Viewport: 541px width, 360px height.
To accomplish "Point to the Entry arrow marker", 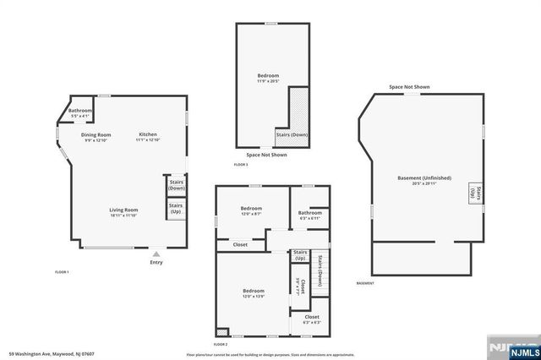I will point(156,254).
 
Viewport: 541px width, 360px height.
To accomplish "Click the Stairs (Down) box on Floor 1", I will point(176,185).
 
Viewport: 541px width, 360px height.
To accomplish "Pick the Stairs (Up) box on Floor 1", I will point(176,209).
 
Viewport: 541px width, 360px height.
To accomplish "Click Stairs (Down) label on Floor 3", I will point(292,134).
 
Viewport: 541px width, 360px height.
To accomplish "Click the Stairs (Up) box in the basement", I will point(478,194).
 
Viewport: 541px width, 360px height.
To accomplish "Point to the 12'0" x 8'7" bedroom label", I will point(251,210).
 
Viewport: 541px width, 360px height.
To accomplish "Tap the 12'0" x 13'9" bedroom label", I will point(254,293).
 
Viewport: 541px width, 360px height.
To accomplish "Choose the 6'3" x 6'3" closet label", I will point(311,319).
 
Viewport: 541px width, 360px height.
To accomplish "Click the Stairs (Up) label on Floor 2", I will point(299,254).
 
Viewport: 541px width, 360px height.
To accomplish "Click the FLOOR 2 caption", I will point(221,345).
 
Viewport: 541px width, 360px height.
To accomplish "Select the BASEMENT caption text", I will point(364,283).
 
